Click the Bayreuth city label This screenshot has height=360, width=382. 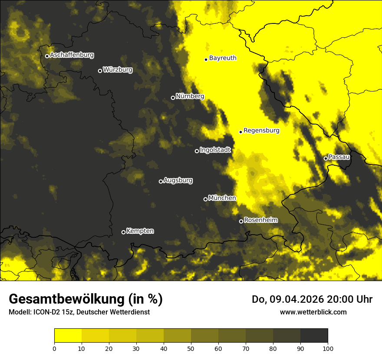[223, 58]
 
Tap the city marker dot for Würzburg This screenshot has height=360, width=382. [100, 71]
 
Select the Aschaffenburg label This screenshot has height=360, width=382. [72, 55]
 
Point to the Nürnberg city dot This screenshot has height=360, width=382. [173, 98]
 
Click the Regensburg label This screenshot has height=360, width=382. [261, 130]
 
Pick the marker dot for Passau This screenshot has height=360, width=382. [326, 158]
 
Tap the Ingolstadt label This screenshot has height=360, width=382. [215, 150]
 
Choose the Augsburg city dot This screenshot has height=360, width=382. [161, 181]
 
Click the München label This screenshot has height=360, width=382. [222, 198]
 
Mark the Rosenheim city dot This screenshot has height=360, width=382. [241, 221]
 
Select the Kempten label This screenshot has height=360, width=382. [140, 231]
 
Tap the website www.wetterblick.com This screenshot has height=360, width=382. [313, 312]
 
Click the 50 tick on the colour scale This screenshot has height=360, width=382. [191, 348]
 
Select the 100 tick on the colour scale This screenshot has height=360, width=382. [328, 348]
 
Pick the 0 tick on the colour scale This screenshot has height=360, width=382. [54, 348]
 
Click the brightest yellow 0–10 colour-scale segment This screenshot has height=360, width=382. [68, 335]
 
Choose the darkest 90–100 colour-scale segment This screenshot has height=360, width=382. [314, 335]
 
